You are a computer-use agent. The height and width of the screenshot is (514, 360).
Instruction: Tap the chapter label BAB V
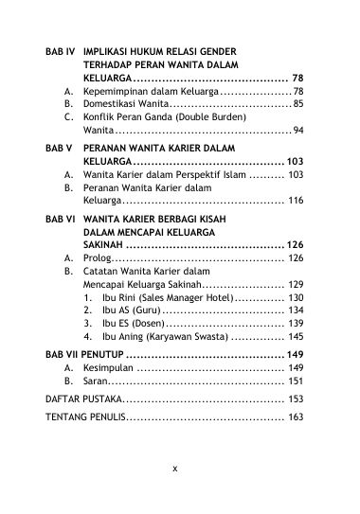coord(59,150)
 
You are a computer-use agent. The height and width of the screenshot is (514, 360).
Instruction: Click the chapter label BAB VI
coord(60,217)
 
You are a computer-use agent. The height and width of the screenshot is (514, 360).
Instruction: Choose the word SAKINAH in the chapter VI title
coord(106,243)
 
